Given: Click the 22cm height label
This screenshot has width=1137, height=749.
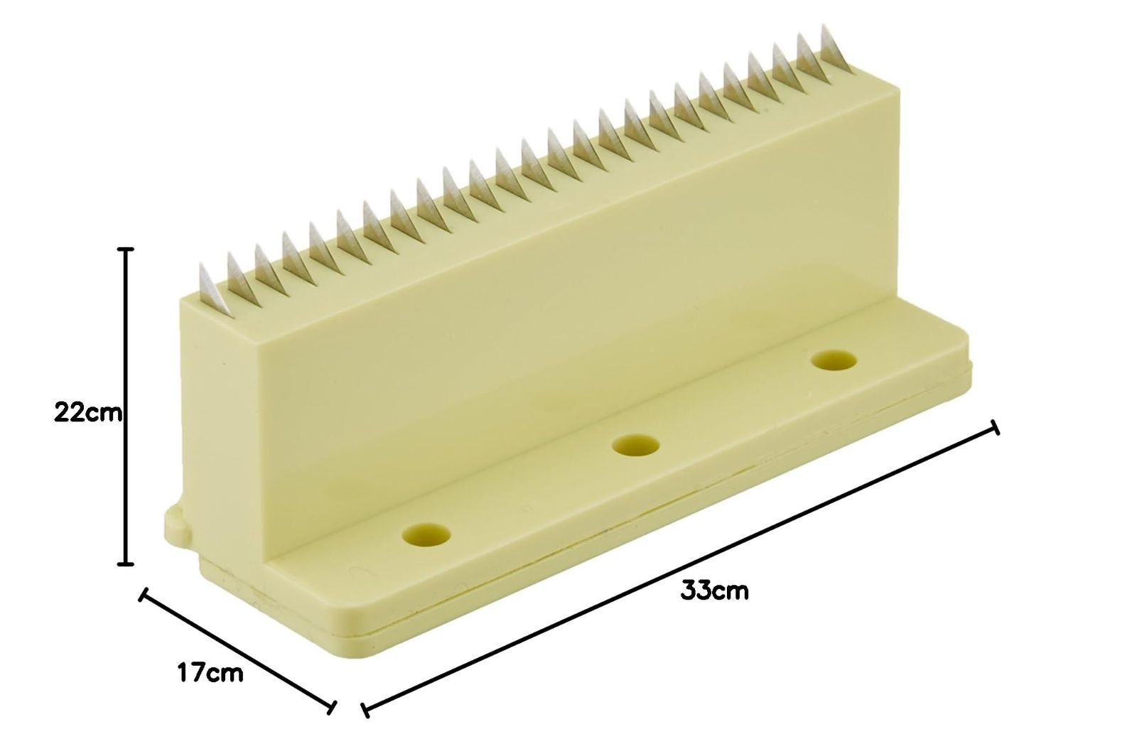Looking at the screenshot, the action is click(88, 413).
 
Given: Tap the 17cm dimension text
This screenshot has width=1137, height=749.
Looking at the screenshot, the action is click(210, 674).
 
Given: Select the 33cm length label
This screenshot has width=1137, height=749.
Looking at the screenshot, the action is click(714, 591).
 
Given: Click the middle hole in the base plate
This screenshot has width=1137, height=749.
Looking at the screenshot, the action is click(635, 446).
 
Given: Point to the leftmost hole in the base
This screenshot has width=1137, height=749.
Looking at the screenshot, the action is click(426, 535).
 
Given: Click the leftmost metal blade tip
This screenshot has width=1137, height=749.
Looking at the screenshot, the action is click(203, 264).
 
